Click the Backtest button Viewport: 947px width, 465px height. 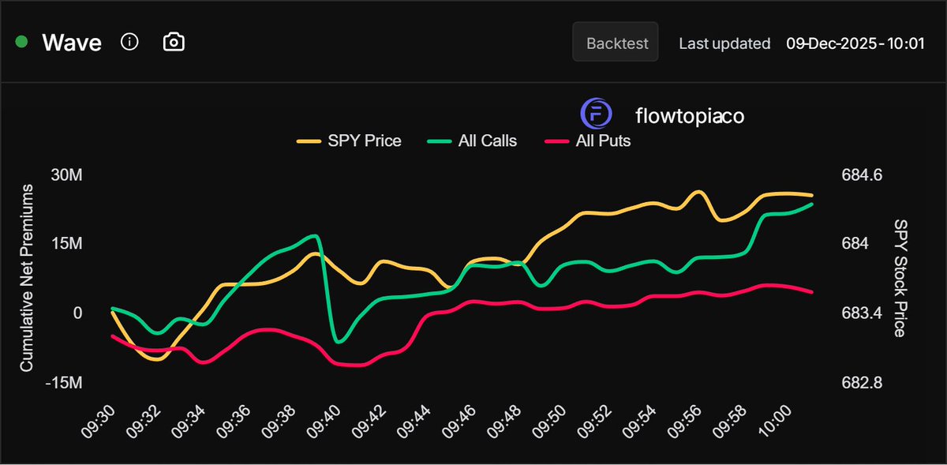click(615, 43)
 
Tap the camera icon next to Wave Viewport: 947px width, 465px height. click(174, 42)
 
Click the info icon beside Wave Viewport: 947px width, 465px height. click(129, 42)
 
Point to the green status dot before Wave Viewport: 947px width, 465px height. click(22, 42)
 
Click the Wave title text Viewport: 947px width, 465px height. click(72, 43)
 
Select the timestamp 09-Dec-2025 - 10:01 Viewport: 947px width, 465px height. click(855, 43)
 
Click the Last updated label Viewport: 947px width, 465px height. click(724, 43)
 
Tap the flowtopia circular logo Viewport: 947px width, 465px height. click(596, 114)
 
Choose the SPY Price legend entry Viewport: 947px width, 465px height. click(350, 141)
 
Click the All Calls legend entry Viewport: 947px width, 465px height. click(472, 141)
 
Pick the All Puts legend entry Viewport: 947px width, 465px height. click(588, 141)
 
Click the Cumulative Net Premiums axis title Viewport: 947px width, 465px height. click(26, 278)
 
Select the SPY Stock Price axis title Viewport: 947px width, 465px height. click(900, 278)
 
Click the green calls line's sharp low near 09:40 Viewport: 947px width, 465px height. click(339, 341)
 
